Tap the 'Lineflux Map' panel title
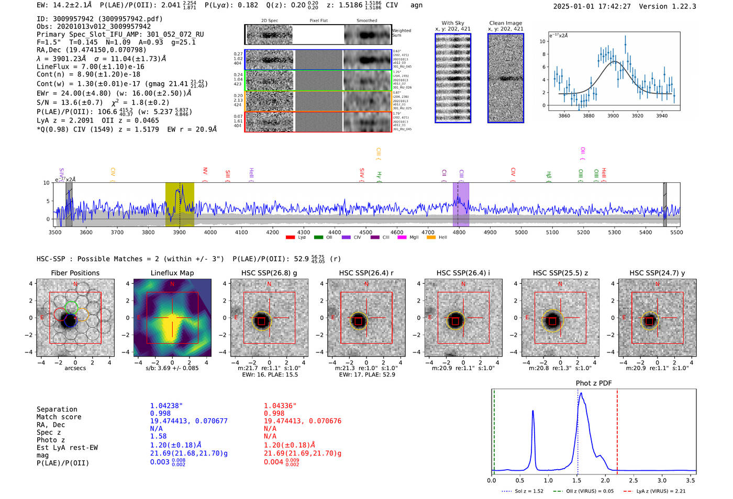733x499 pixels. coord(172,273)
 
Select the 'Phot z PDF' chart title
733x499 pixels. coord(594,383)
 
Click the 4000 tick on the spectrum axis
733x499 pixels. coord(210,232)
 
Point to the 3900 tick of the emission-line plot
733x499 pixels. coord(613,116)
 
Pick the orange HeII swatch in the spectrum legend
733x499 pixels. coord(431,238)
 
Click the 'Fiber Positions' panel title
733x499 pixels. coord(75,273)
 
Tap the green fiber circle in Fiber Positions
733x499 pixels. coord(71,307)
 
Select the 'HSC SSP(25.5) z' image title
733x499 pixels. coord(560,273)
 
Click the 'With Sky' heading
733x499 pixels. coord(453,23)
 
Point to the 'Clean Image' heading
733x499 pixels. coord(505,23)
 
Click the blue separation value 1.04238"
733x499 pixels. coord(166,406)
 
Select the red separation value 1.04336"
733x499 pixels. coord(280,406)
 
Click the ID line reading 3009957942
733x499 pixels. coord(99,19)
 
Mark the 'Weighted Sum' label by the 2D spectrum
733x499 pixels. coord(401,33)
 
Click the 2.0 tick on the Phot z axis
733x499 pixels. coord(605,480)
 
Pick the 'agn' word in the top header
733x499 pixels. coord(416,5)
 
